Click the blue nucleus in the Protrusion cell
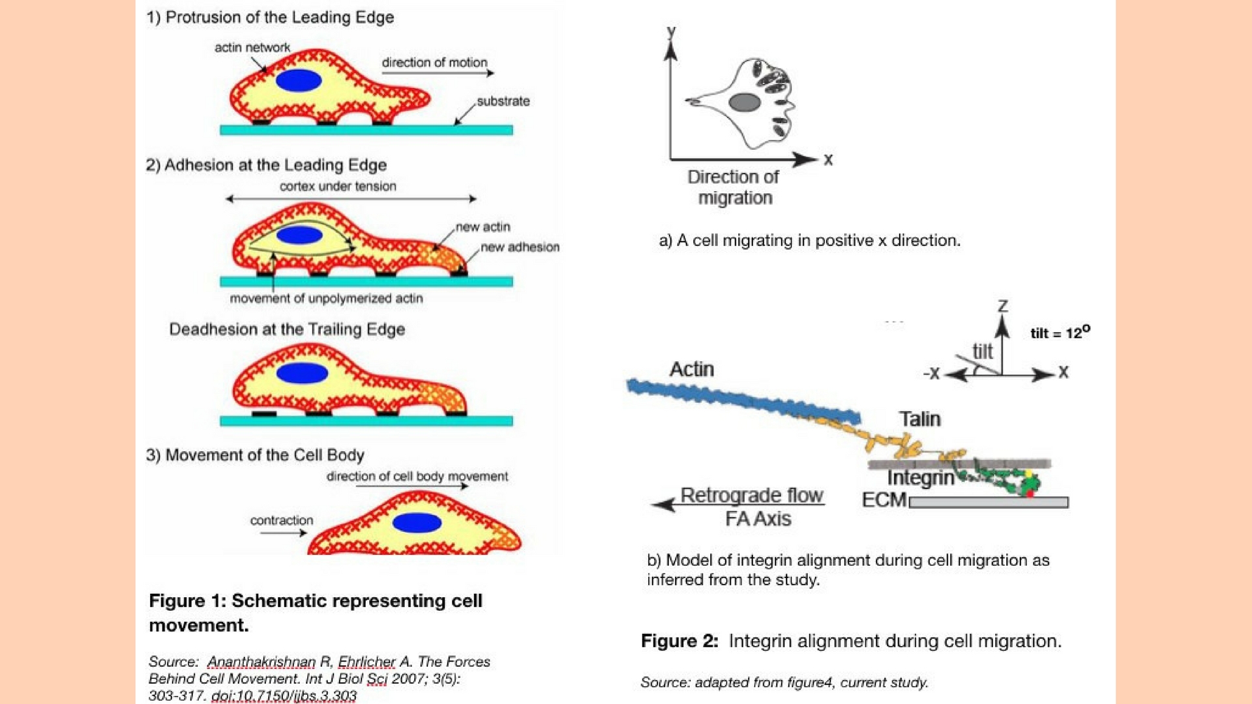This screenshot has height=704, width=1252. tap(299, 81)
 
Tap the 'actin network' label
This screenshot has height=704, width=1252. tap(252, 48)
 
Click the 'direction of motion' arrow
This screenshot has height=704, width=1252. tap(438, 73)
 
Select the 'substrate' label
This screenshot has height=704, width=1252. tap(503, 101)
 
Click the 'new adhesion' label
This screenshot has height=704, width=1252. tap(520, 247)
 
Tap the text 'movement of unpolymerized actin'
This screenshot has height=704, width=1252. tap(326, 299)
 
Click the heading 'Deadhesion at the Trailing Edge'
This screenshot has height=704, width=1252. tap(287, 329)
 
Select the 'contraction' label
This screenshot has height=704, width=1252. tap(282, 520)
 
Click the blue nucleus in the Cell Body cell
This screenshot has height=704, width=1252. tap(417, 523)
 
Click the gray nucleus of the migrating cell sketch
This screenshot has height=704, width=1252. tap(744, 102)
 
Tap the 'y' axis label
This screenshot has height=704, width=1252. tap(671, 31)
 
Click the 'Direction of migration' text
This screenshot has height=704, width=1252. tap(734, 187)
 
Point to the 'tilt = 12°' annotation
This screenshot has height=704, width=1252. tap(1060, 333)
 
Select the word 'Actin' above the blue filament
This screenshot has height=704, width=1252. tap(692, 370)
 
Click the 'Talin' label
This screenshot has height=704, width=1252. tap(919, 418)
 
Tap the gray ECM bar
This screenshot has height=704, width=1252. tap(989, 503)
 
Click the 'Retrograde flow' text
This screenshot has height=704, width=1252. tap(752, 495)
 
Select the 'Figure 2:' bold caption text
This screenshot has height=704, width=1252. tap(679, 641)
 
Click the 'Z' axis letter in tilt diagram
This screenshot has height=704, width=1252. tap(1003, 306)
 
